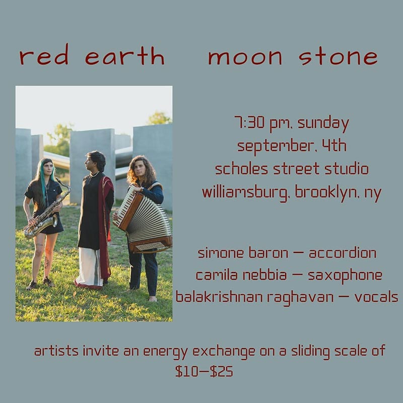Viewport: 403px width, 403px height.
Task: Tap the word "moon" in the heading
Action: [x=245, y=57]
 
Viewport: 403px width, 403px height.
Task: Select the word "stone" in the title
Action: [x=338, y=56]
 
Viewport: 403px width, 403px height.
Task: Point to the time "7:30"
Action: [x=249, y=122]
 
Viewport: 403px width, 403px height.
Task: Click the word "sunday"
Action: [x=323, y=123]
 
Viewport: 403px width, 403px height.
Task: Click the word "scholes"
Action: [x=242, y=169]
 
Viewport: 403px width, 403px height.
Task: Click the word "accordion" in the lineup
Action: [x=343, y=253]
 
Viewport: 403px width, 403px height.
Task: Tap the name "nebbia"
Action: [x=265, y=275]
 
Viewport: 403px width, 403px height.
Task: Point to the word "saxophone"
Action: [x=345, y=276]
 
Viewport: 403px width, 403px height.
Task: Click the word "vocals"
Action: [x=376, y=297]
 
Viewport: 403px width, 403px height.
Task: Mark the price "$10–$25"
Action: [x=204, y=371]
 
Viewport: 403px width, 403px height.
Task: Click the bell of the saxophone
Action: [x=53, y=221]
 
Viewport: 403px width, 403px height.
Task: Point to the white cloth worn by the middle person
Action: [x=89, y=267]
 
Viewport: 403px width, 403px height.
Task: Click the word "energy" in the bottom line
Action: [x=165, y=351]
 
